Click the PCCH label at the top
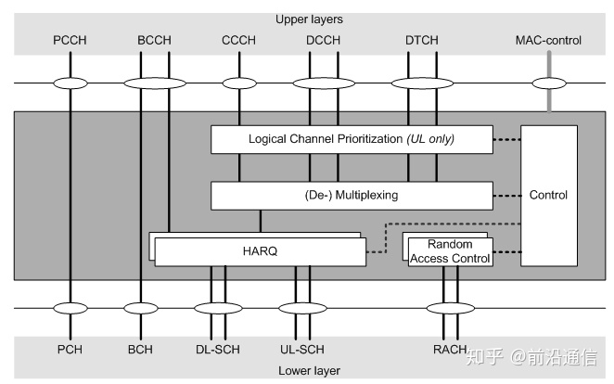click(70, 40)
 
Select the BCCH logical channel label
click(153, 40)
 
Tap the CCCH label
click(239, 40)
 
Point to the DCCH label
click(322, 40)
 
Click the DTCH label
click(423, 40)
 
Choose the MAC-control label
click(548, 40)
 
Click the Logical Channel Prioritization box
click(352, 139)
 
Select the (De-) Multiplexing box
click(352, 195)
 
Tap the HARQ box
click(259, 251)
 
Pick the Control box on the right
click(548, 195)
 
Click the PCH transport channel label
click(70, 350)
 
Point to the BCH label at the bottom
click(140, 350)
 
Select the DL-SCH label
click(219, 350)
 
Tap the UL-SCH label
click(303, 350)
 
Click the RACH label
click(449, 350)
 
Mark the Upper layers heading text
click(308, 19)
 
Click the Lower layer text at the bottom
click(308, 370)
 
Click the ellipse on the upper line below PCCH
click(70, 83)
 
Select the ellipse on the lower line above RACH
click(449, 307)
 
